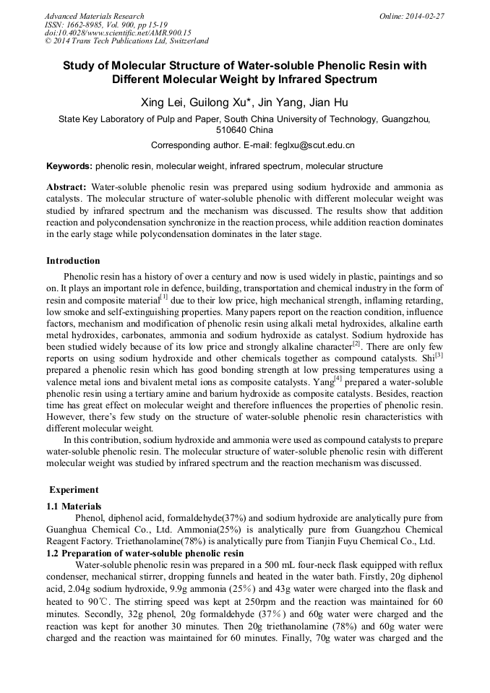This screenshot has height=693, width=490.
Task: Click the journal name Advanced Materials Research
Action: click(94, 16)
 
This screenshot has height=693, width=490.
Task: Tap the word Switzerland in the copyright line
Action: click(184, 41)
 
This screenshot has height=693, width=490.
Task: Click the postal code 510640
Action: click(231, 130)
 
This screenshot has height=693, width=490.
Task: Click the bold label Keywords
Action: click(69, 166)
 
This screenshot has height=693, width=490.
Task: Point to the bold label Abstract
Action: click(66, 186)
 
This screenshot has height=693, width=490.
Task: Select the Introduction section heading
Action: click(73, 261)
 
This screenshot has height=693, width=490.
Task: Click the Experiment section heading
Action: click(74, 490)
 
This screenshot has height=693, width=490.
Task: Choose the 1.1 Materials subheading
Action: click(74, 506)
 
